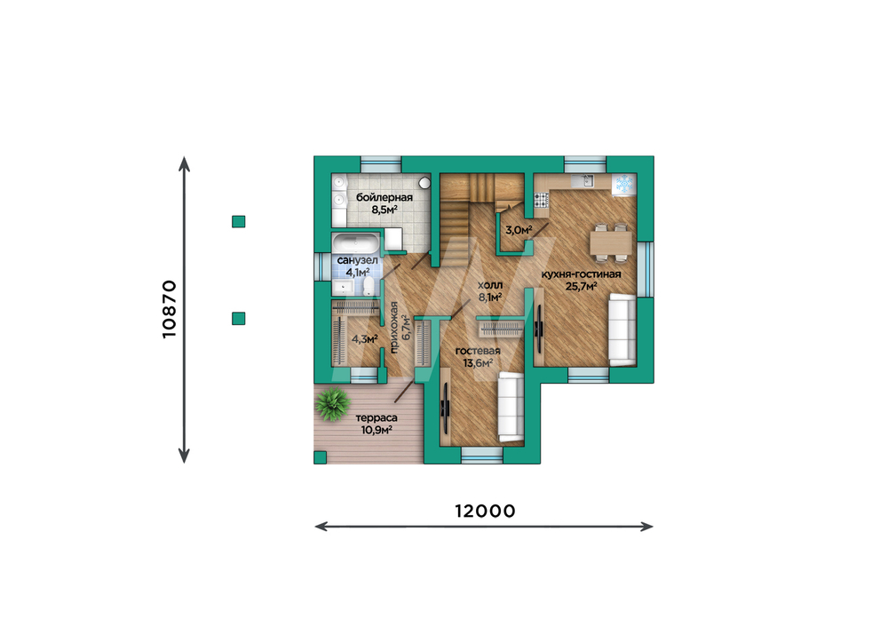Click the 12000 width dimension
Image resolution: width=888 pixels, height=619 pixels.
coord(486,511)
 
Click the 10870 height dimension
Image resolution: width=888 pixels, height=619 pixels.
coord(170,309)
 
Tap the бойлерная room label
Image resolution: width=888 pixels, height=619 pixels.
coord(384,198)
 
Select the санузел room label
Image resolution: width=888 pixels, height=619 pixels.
coord(357,260)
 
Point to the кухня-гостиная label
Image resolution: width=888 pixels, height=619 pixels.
coord(581,274)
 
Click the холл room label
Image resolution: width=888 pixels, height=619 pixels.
coord(490,285)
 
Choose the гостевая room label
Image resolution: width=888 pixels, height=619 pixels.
coord(478,351)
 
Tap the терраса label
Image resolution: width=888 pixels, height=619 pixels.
coord(377,417)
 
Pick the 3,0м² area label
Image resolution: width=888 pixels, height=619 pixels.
coord(519,230)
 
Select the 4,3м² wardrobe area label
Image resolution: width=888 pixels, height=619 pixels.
coord(365,339)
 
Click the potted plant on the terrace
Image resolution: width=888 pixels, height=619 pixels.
coord(332,404)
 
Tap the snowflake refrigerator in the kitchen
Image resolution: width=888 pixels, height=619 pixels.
coord(623,184)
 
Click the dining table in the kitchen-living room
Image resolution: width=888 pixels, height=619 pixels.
coord(611,243)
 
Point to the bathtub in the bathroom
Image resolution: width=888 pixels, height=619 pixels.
coord(356,243)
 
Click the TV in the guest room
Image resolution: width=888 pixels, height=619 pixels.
coord(445,408)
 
